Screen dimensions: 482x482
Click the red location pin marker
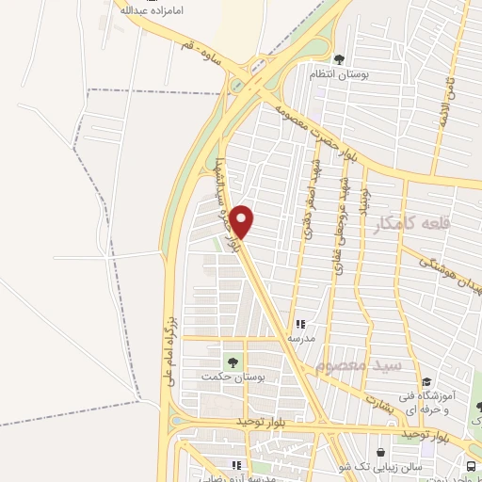(242, 222)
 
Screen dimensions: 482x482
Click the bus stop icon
(471, 466)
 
